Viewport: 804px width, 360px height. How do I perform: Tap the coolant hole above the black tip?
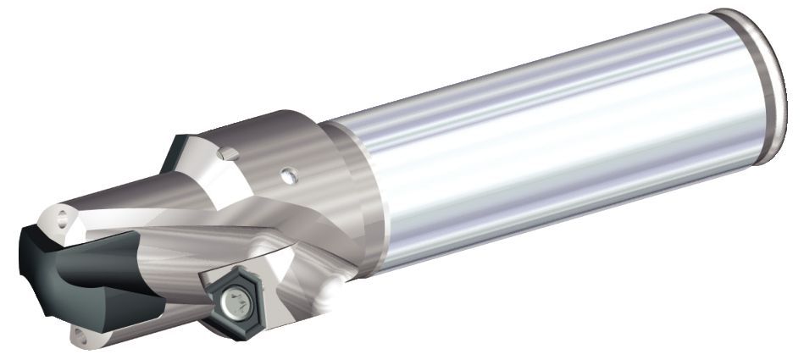[63, 217]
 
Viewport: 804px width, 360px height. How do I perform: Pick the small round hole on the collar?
[290, 175]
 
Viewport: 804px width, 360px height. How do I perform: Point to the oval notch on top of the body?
[226, 153]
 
